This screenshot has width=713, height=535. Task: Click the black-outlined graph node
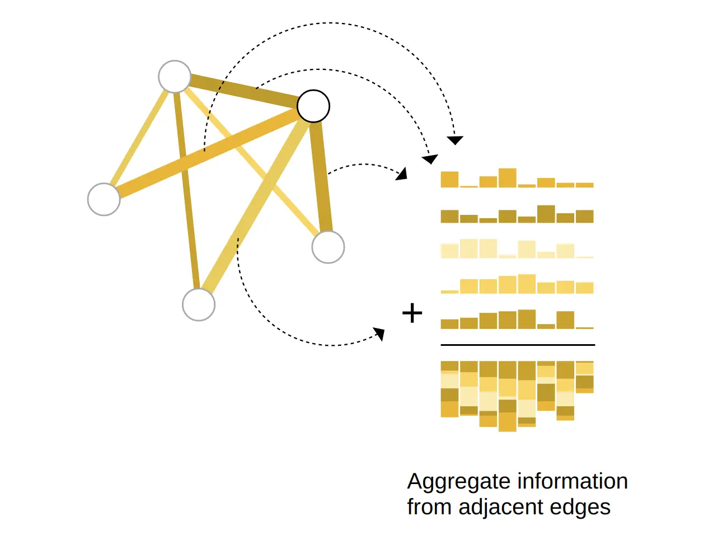313,106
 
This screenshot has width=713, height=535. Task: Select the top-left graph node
175,77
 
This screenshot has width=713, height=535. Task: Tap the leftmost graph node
104,199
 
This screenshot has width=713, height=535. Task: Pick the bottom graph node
199,305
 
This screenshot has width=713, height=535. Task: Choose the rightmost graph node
328,247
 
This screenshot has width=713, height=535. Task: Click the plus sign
412,313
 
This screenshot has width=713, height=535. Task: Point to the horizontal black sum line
518,345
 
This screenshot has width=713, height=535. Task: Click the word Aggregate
458,481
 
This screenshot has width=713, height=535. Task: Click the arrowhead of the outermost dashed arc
455,140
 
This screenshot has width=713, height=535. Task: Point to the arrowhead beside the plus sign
380,334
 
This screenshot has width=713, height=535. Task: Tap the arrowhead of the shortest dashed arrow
401,173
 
